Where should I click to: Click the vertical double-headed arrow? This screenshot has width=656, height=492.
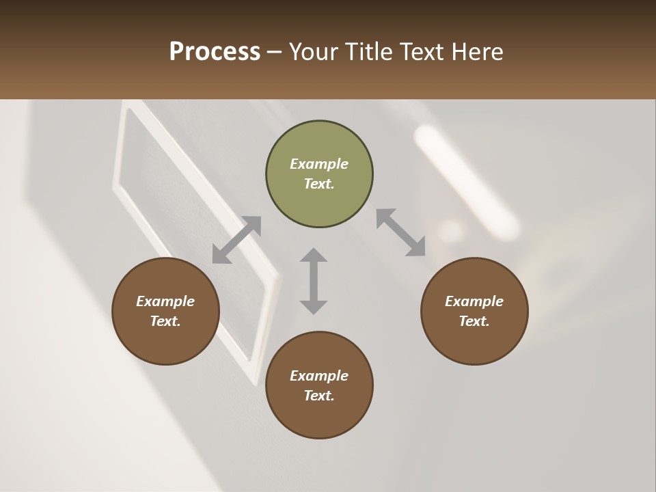click(x=314, y=281)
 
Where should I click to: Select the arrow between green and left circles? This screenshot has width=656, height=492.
click(x=236, y=240)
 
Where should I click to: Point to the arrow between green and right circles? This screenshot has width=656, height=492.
click(x=401, y=232)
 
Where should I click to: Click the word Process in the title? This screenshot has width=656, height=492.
click(x=215, y=52)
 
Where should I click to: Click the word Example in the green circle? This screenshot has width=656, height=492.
click(x=319, y=164)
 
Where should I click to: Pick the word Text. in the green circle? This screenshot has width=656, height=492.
click(x=319, y=184)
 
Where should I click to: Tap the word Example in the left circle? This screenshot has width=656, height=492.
click(x=165, y=301)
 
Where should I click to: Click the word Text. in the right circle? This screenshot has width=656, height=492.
click(x=474, y=321)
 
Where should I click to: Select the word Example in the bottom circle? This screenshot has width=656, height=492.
click(x=319, y=376)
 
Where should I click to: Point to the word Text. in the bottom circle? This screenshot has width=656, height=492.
click(x=319, y=396)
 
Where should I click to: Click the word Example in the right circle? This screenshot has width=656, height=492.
click(x=474, y=301)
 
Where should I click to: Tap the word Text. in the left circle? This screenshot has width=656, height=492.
click(x=165, y=321)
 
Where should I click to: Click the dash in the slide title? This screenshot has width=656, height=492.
click(x=275, y=53)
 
